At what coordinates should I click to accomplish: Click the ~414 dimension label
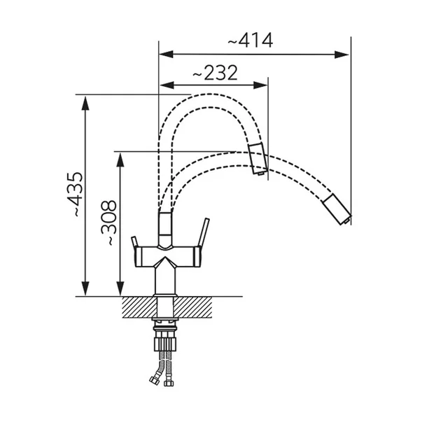coord(250,41)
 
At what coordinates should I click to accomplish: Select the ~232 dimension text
coord(214,72)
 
